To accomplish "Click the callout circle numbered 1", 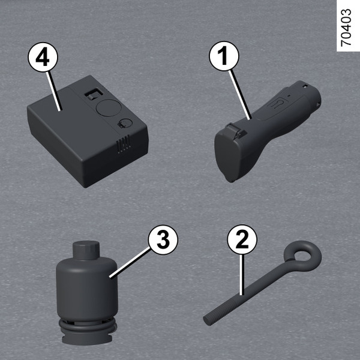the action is (224, 56).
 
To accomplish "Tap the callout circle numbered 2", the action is (242, 239).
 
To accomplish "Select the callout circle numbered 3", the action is (163, 240).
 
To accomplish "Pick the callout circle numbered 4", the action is (43, 57).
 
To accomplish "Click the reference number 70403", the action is (346, 28).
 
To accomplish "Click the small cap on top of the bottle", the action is (86, 250).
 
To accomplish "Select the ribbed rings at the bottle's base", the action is (88, 325).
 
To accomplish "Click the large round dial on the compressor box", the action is (109, 107).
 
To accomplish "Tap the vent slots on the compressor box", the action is (123, 144).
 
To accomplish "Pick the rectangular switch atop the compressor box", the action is (94, 94).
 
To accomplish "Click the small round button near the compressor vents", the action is (125, 123).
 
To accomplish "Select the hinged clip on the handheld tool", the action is (236, 131).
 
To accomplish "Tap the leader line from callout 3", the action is (130, 263).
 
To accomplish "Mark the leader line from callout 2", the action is (241, 275).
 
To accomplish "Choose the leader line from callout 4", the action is (54, 91).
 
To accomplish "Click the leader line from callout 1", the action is (240, 95).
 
